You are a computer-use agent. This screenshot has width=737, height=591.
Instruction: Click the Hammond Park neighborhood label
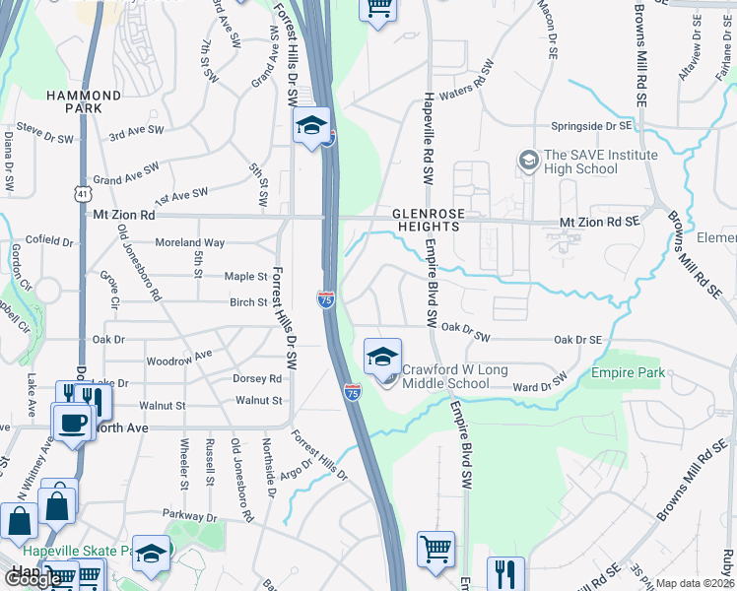tap(85, 101)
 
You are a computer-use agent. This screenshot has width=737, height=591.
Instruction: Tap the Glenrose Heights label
tap(426, 219)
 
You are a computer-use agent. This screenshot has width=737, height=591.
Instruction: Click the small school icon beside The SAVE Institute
tap(528, 159)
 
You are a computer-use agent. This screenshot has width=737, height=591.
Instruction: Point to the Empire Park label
tap(629, 372)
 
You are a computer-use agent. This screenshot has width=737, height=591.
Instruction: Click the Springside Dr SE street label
tap(590, 127)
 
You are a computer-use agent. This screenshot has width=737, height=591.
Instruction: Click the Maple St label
tap(246, 277)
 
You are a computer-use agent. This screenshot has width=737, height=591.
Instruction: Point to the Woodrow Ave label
tap(178, 357)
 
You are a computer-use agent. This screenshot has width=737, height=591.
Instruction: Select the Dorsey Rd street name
tap(258, 378)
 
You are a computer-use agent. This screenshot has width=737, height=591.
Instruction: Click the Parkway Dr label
tap(191, 516)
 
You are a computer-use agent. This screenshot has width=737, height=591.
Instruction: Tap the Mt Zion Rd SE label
tap(600, 223)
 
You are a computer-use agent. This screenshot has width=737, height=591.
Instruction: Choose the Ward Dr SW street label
tap(541, 383)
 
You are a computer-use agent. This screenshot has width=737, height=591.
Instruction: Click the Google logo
tap(33, 579)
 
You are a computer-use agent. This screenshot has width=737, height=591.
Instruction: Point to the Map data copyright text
tap(696, 583)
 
